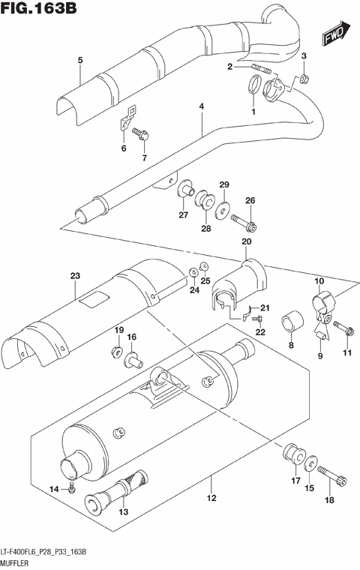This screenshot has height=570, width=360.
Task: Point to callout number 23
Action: point(74,276)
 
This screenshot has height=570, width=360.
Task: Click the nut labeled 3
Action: point(305,79)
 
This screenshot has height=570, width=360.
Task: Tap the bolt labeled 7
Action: point(142,135)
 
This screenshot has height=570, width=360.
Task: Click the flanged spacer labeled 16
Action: point(133,360)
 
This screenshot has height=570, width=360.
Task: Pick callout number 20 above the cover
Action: point(245,241)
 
